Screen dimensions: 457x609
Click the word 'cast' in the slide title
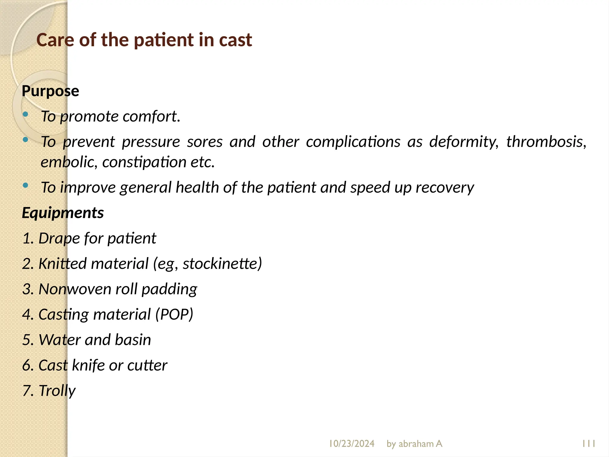click(235, 40)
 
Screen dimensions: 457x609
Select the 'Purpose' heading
click(50, 91)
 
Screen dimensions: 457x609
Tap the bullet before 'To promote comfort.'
click(26, 114)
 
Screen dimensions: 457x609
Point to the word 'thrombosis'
click(546, 142)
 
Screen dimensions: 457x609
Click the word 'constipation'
click(144, 162)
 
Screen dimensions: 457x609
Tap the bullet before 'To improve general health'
click(26, 186)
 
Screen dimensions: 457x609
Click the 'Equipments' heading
click(63, 213)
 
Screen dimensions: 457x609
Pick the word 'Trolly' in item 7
click(57, 391)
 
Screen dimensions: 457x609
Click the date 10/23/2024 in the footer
click(351, 444)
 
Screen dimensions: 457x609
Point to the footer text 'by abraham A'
click(414, 444)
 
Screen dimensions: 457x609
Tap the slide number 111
click(588, 444)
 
